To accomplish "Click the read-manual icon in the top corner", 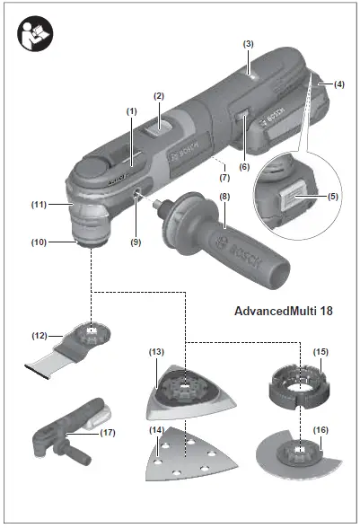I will [x=34, y=34].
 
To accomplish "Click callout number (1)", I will [x=131, y=110].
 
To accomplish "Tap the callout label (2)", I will [x=159, y=95].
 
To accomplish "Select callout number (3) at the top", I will [x=249, y=43].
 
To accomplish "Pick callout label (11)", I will [x=39, y=205].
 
